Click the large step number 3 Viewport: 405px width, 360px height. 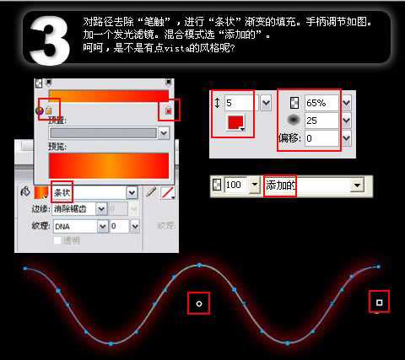52,38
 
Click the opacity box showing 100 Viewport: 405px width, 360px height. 235,184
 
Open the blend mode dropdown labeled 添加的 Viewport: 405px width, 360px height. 312,184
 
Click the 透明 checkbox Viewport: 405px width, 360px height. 57,240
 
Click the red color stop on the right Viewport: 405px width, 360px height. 169,110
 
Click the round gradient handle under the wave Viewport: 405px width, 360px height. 199,302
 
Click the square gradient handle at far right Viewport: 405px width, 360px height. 379,301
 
